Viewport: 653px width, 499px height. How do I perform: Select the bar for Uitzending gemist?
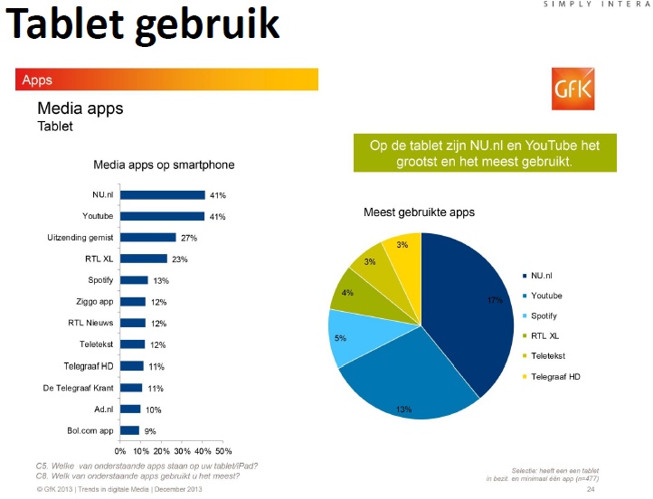click(x=148, y=238)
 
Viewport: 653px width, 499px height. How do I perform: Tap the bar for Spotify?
click(x=134, y=280)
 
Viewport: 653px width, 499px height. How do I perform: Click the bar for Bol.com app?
click(x=129, y=430)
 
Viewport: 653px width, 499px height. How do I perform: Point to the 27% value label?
click(x=188, y=238)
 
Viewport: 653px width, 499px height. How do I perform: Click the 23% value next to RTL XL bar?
click(x=180, y=259)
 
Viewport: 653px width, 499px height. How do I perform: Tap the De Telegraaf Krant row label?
click(x=79, y=387)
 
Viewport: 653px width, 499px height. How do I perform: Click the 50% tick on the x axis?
click(x=223, y=450)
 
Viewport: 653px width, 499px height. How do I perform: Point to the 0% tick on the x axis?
click(x=120, y=450)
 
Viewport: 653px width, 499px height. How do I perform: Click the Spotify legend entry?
click(x=544, y=315)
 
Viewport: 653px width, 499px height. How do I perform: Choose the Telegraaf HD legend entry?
click(x=555, y=376)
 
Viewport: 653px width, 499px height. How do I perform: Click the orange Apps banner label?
click(x=37, y=80)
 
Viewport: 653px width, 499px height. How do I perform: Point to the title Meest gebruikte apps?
click(x=419, y=212)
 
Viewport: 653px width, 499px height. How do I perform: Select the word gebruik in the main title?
click(x=209, y=25)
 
